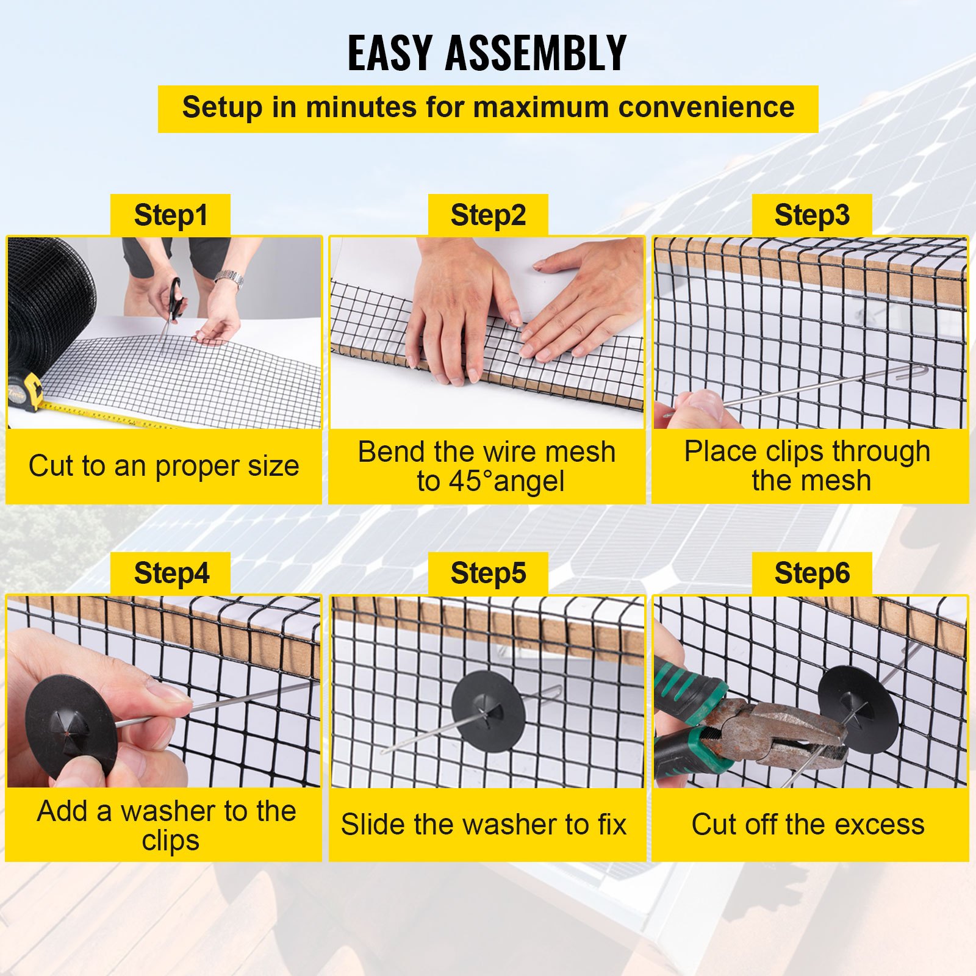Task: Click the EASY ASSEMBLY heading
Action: click(487, 53)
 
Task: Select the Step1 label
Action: click(170, 215)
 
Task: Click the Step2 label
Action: click(488, 215)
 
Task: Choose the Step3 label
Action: click(811, 215)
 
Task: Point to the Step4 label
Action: click(171, 573)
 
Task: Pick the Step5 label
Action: click(488, 573)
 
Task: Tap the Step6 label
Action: click(811, 573)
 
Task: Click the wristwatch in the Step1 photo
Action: click(230, 279)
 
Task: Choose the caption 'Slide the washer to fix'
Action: click(484, 825)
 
